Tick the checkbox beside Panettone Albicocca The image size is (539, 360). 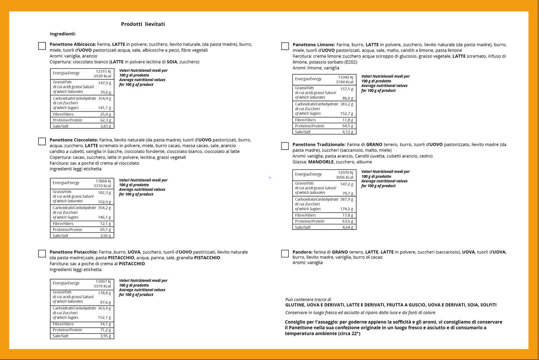[x=42, y=46]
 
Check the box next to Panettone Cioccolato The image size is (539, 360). [x=42, y=141]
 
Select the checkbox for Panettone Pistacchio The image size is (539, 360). [x=42, y=254]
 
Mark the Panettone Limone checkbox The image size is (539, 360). [x=285, y=46]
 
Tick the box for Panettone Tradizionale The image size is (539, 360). [x=285, y=146]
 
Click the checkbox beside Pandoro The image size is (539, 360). [x=285, y=254]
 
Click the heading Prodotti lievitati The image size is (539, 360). [x=143, y=24]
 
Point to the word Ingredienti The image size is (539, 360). [x=63, y=34]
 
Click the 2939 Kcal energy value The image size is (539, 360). [x=102, y=76]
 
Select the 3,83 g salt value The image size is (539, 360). [x=106, y=126]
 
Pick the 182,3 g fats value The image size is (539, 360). [x=104, y=192]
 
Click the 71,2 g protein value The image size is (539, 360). [x=105, y=330]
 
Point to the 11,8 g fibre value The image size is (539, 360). [x=348, y=120]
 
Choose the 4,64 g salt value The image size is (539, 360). [x=348, y=227]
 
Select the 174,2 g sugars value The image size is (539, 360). [x=347, y=209]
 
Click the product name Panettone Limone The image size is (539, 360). [x=313, y=45]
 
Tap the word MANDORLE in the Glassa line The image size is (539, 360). [x=321, y=162]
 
